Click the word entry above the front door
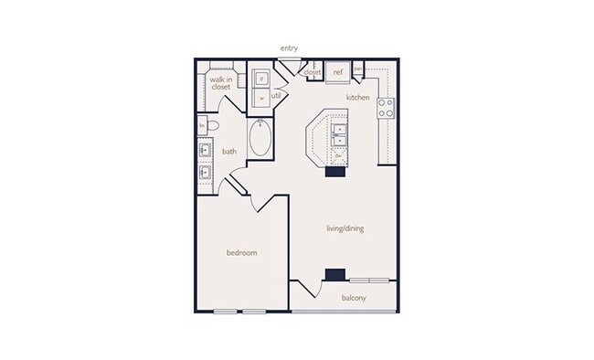pyautogui.click(x=290, y=48)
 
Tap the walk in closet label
pyautogui.click(x=219, y=83)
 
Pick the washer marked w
pyautogui.click(x=261, y=96)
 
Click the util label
pyautogui.click(x=275, y=95)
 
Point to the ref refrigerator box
pyautogui.click(x=337, y=71)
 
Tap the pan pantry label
pyautogui.click(x=358, y=69)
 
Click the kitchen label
pyautogui.click(x=357, y=96)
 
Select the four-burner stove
pyautogui.click(x=386, y=108)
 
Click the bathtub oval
pyautogui.click(x=260, y=139)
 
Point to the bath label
pyautogui.click(x=229, y=152)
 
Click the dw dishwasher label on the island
pyautogui.click(x=337, y=156)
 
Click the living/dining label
pyautogui.click(x=345, y=228)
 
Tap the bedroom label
pyautogui.click(x=242, y=252)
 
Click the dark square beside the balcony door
pyautogui.click(x=335, y=273)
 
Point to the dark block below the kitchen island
pyautogui.click(x=334, y=170)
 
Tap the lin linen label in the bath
pyautogui.click(x=202, y=124)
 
